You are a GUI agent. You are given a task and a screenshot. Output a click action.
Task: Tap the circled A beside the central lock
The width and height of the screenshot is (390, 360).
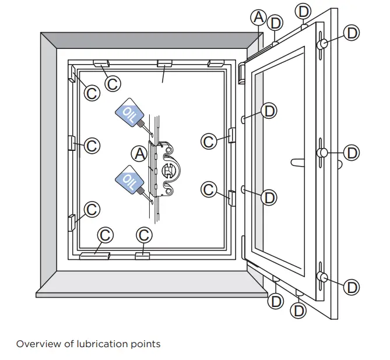coord(139,153)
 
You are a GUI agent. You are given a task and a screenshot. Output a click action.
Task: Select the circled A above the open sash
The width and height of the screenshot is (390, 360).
coord(259,17)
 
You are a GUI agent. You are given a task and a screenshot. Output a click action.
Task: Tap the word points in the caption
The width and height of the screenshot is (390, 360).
coord(146,344)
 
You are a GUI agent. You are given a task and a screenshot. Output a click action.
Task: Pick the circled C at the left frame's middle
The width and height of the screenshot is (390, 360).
coord(92,145)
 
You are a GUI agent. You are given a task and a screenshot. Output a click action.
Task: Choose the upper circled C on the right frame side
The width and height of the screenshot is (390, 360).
coord(209,141)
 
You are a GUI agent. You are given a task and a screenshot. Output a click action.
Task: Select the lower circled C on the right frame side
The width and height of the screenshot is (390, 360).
coord(209,189)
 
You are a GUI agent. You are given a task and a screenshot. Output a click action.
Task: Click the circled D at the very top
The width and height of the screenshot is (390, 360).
coord(304,10)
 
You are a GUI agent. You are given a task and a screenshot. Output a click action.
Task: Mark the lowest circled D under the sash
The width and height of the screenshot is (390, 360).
coord(298,310)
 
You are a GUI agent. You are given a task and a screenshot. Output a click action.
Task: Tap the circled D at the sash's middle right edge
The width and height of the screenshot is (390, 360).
coord(352,153)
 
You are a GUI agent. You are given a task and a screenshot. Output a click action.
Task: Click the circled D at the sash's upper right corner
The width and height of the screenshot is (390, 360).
coord(352,33)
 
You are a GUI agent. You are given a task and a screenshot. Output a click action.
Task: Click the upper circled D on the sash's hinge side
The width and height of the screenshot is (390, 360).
coord(269,111)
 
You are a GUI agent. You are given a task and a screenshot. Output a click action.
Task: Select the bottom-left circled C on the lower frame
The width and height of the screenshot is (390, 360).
coord(105,235)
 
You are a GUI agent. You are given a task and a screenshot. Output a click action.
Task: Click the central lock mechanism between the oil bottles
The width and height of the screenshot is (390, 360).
coord(167,169)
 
